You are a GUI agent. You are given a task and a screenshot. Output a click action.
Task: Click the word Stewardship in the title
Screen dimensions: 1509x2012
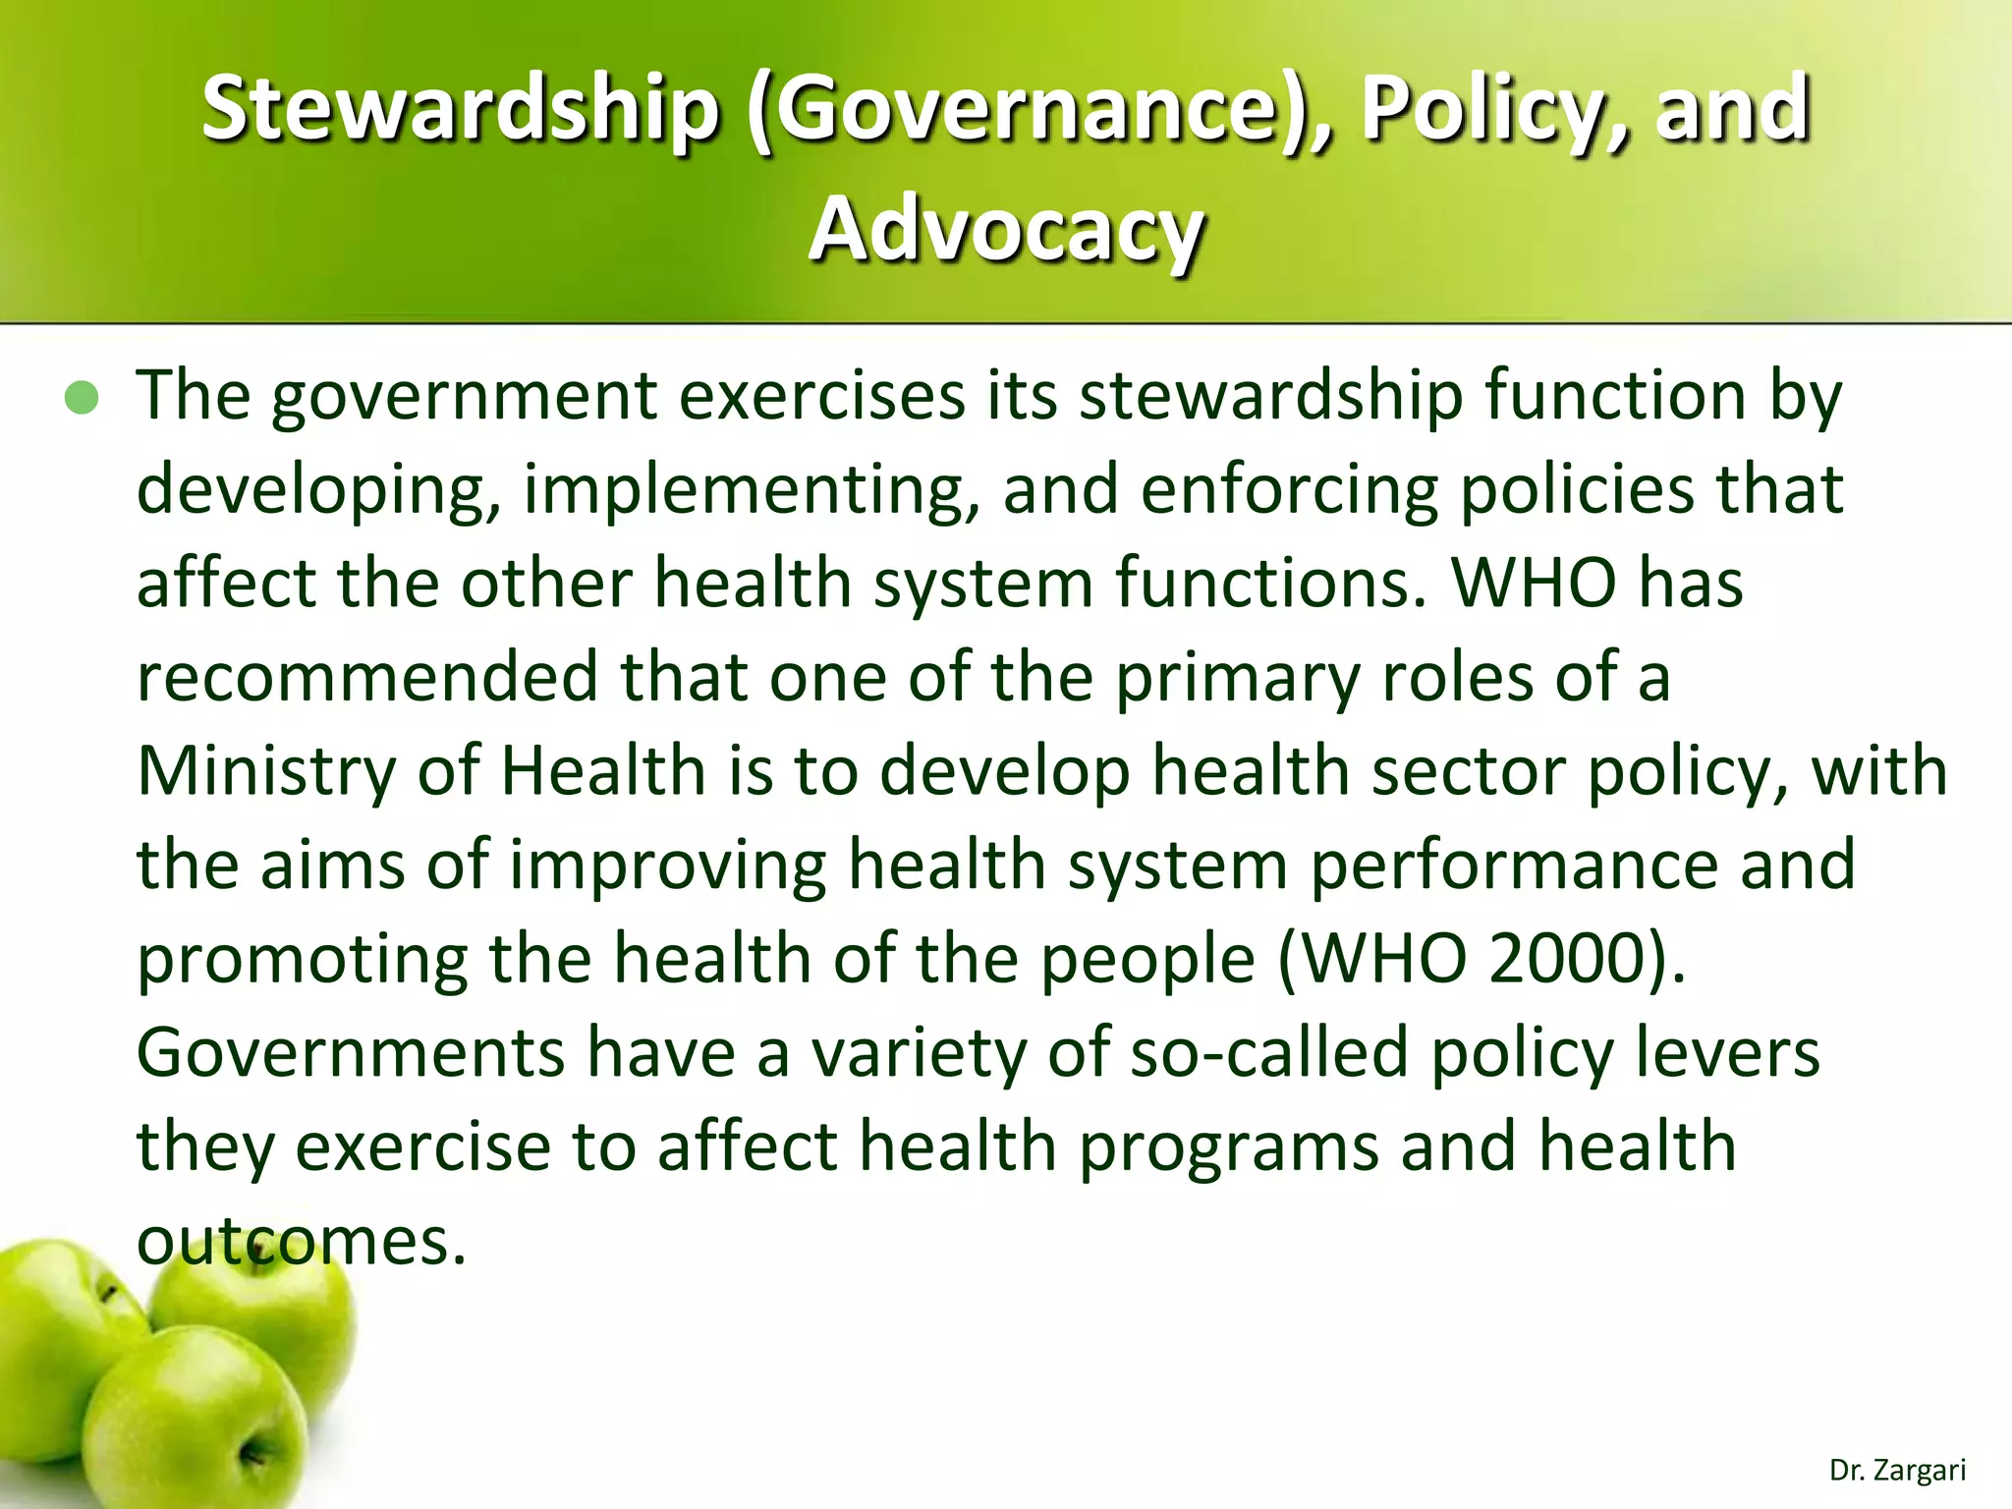pos(460,109)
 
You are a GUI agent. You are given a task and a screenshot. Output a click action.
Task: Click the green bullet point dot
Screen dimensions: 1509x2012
pos(82,398)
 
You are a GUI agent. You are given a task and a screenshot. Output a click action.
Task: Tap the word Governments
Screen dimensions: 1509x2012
pos(350,1052)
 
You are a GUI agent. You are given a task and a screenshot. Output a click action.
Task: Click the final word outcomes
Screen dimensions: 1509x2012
pos(301,1241)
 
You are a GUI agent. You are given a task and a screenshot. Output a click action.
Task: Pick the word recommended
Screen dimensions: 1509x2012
pos(366,677)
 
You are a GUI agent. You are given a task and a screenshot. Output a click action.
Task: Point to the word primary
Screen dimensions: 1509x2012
pos(1238,677)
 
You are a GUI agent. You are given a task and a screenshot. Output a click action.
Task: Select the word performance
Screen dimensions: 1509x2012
pos(1514,865)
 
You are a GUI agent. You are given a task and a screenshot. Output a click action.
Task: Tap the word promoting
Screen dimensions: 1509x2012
pos(302,958)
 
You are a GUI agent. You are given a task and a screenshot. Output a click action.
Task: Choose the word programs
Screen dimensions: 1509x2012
pos(1228,1146)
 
